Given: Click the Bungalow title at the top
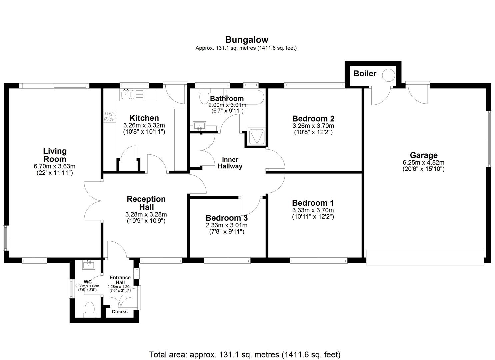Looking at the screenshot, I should click(247, 40).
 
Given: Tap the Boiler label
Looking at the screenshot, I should click(365, 74).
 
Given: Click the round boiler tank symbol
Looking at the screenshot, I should click(388, 75).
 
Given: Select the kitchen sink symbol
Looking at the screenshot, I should click(126, 94).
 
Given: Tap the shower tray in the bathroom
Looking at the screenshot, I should click(257, 137).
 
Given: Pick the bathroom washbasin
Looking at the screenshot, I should click(200, 126).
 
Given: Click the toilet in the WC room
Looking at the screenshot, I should click(89, 310).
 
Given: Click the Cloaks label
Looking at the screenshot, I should click(119, 312).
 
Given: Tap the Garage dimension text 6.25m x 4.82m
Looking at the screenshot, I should click(423, 163).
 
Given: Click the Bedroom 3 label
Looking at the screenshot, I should click(226, 218).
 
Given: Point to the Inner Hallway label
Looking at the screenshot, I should click(230, 163).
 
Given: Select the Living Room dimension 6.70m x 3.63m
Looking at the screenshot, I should click(55, 166).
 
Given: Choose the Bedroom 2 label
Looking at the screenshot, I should click(313, 119).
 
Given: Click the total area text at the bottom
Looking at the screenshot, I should click(244, 354).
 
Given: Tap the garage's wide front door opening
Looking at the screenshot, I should click(425, 257).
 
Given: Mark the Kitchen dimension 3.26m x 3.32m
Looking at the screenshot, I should click(144, 126).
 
